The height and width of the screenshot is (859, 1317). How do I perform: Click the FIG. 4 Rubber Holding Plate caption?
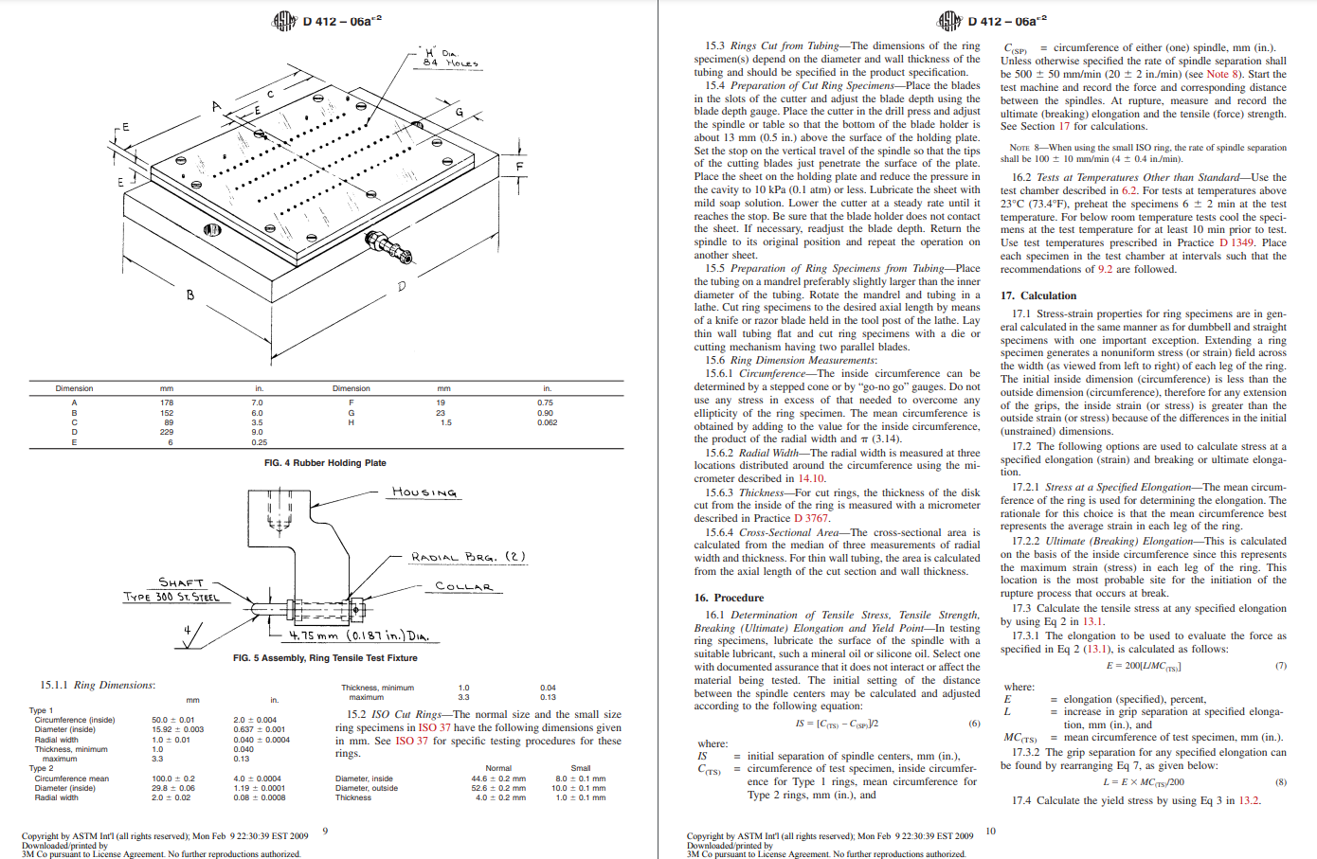point(325,463)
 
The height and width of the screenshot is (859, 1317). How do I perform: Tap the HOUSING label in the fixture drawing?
point(424,492)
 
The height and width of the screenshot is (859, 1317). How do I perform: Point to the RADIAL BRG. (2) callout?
point(468,557)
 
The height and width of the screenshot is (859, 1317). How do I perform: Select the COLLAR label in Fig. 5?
point(463,587)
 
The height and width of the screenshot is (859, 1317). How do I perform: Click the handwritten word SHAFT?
point(181,582)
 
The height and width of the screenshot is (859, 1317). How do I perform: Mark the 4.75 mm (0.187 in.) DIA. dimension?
point(359,635)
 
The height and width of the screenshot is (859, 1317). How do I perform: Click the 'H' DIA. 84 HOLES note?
point(451,58)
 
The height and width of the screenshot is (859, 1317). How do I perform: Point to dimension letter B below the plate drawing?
point(189,295)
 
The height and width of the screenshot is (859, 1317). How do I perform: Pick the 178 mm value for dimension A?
point(167,403)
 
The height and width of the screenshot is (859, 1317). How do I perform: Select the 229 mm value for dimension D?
point(167,432)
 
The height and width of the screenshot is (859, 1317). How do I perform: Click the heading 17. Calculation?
point(1038,295)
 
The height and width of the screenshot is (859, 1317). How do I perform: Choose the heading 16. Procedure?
point(729,598)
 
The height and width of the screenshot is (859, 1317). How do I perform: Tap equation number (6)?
point(974,723)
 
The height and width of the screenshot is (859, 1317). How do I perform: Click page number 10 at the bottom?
point(990,831)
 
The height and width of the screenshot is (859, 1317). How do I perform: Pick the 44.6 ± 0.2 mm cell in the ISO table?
point(498,778)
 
